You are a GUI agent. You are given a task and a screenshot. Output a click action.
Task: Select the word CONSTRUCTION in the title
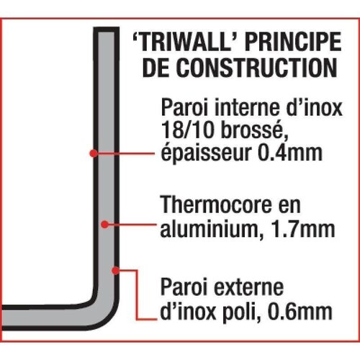266,69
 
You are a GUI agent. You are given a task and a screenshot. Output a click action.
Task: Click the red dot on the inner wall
93,153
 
